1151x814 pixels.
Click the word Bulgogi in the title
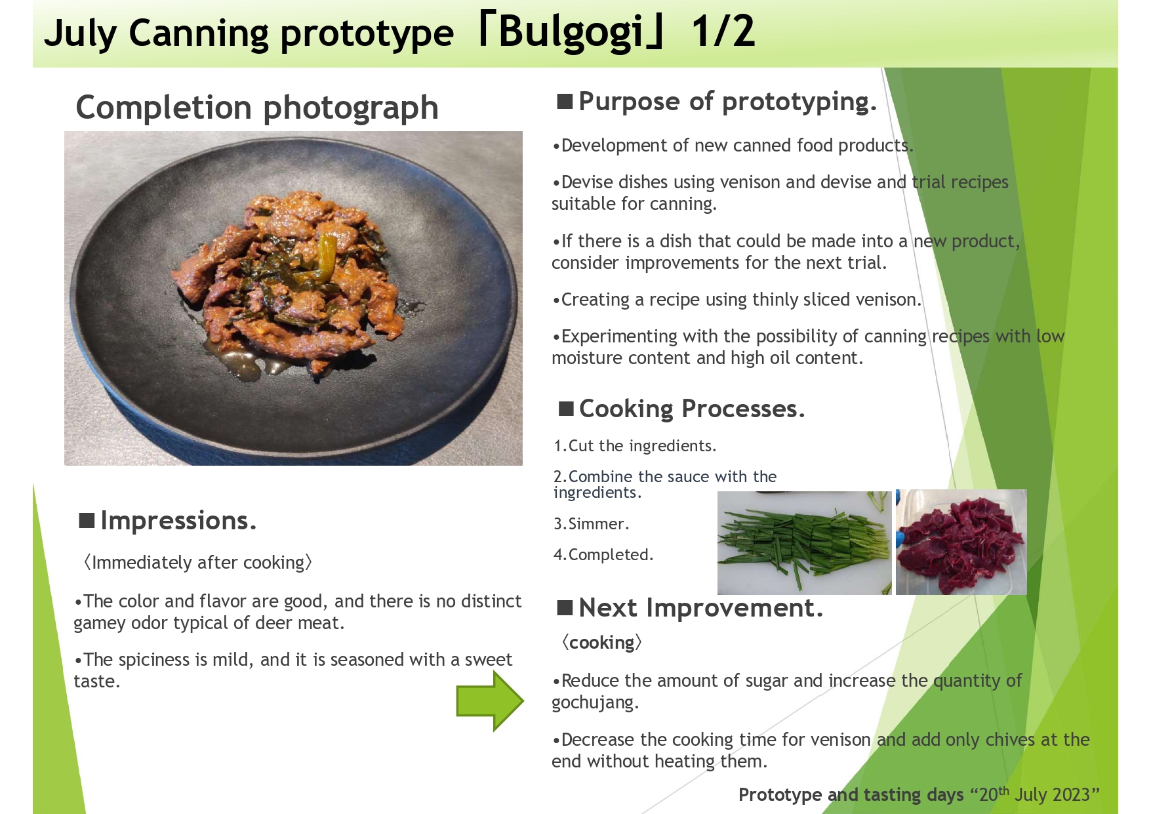point(571,33)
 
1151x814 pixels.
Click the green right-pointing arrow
point(490,701)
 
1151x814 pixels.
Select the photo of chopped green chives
point(804,542)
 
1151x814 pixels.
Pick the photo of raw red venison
point(961,542)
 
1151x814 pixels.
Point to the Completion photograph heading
point(257,108)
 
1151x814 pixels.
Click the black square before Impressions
point(87,521)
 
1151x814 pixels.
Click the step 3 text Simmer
point(591,523)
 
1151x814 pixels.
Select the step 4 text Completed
point(603,554)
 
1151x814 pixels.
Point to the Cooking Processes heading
point(691,409)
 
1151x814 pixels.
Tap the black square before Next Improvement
point(565,608)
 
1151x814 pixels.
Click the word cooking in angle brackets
point(601,643)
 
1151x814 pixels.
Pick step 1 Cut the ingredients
point(635,446)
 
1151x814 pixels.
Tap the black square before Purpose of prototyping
point(565,102)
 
